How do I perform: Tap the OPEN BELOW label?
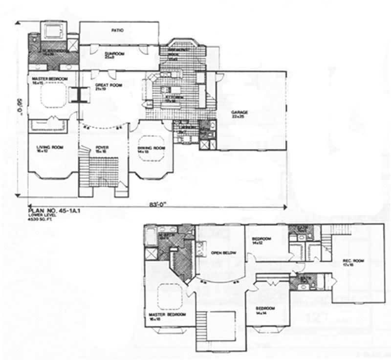220,253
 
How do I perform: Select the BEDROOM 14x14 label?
265,310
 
